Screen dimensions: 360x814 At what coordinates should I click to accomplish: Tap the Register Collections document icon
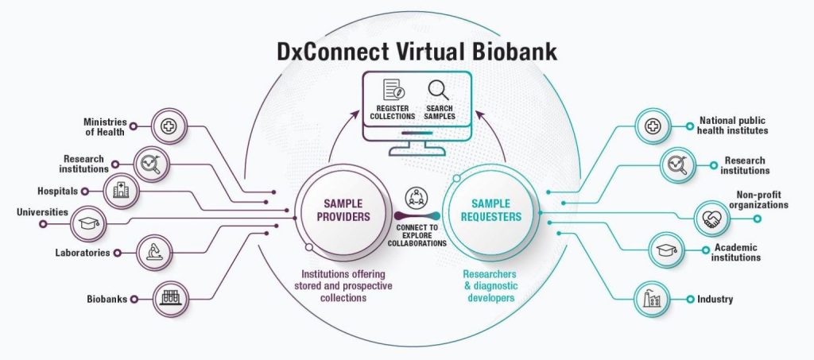(x=393, y=89)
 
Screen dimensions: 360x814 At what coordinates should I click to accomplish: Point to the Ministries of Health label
(x=104, y=126)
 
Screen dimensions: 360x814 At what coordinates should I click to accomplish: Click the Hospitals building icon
(x=120, y=191)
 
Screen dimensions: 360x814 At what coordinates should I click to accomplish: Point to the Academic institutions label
(x=736, y=253)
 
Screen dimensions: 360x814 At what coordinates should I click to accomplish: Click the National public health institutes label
(x=733, y=126)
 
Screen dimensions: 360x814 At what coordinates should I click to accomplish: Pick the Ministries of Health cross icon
(x=168, y=126)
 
